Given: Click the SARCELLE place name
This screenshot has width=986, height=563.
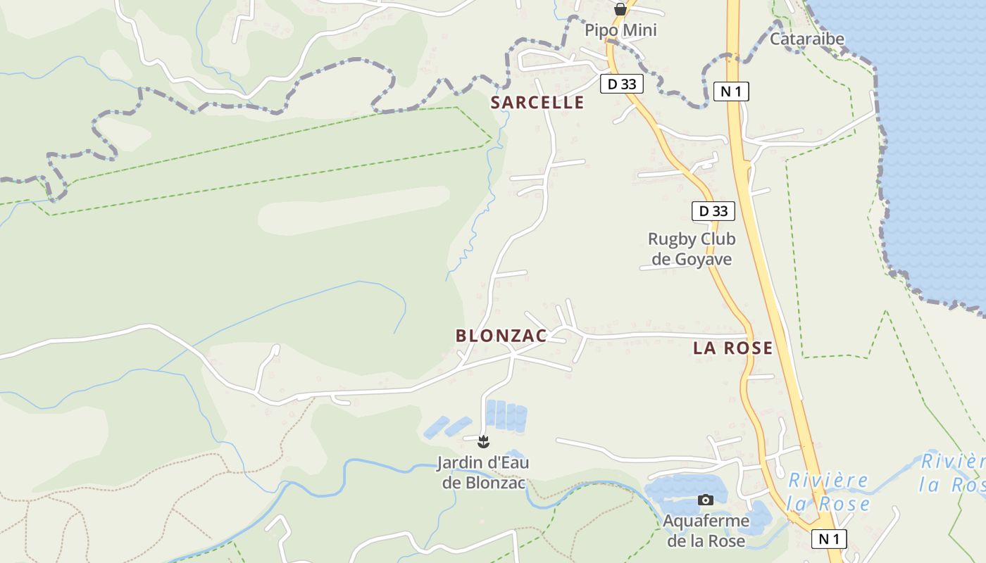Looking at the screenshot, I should click(x=537, y=103).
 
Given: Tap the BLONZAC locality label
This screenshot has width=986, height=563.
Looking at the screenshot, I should click(x=501, y=336).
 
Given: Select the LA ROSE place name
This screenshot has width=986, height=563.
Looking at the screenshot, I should click(x=732, y=348).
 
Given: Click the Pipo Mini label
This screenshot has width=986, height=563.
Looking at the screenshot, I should click(x=620, y=30).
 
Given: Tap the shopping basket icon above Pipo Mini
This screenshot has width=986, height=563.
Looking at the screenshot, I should click(x=620, y=9).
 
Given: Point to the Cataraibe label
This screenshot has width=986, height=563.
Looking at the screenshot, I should click(x=806, y=39).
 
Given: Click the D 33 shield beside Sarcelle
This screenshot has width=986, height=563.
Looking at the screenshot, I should click(x=621, y=84).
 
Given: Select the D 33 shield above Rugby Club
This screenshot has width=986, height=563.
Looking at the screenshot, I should click(x=713, y=211).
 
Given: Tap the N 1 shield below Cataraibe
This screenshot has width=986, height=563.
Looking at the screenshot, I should click(x=731, y=91).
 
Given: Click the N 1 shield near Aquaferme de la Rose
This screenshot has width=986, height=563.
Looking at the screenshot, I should click(x=829, y=539).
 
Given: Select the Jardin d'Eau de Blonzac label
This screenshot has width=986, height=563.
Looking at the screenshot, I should click(x=482, y=473).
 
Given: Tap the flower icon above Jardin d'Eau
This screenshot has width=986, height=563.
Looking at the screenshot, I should click(x=483, y=442).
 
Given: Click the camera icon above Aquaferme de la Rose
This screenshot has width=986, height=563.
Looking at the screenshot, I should click(x=705, y=500).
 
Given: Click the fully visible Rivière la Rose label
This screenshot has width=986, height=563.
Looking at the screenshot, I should click(x=828, y=492).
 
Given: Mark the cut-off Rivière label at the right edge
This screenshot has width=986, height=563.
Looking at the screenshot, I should click(x=952, y=473).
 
